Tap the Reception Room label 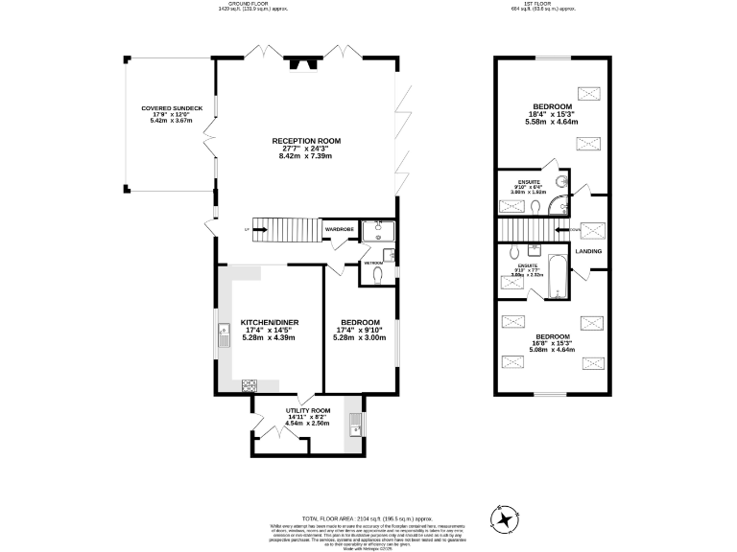pos(305,141)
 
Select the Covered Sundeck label pos(171,108)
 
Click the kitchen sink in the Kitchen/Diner pos(224,334)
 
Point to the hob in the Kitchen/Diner pos(249,385)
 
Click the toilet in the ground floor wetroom pos(377,276)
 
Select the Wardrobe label pos(340,230)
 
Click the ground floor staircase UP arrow pos(248,230)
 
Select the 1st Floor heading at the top pos(548,4)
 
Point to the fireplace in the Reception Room pos(304,66)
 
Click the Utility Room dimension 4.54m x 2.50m pos(308,423)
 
